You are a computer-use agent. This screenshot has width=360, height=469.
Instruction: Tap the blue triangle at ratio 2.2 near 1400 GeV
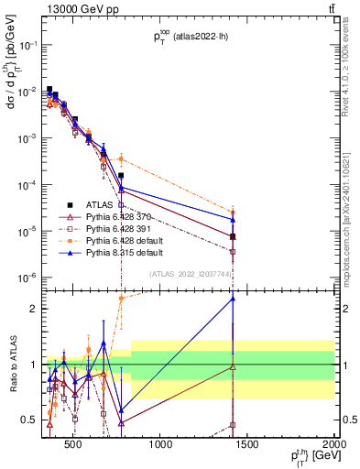point(233,299)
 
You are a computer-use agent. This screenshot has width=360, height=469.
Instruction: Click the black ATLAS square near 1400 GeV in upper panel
point(233,236)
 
